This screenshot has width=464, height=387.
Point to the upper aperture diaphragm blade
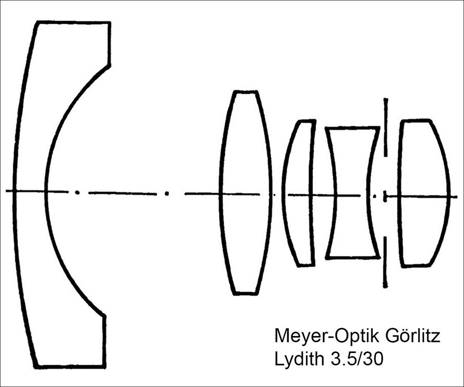point(385,127)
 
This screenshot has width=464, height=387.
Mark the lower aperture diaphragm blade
point(385,262)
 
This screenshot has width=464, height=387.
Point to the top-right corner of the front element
point(110,22)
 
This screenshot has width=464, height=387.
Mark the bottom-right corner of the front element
point(105,367)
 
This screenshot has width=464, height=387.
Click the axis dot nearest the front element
point(77,192)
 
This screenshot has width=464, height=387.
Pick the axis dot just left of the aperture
point(375,196)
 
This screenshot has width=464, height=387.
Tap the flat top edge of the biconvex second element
point(245,91)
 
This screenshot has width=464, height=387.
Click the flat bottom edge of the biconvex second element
point(244,294)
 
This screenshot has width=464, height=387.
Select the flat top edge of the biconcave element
point(352,128)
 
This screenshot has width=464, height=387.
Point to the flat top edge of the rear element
point(415,120)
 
